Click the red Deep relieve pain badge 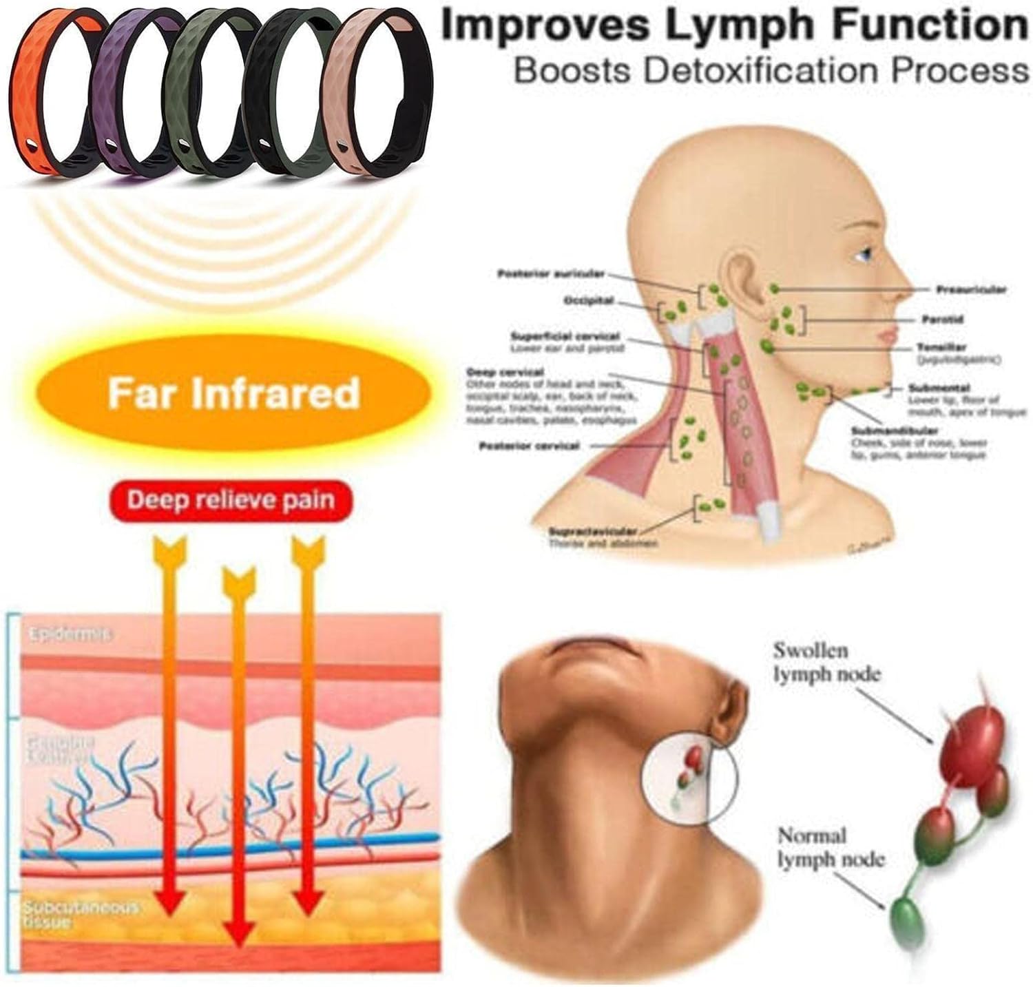(231, 499)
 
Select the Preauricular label (970, 290)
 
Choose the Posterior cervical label (529, 446)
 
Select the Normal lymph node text (831, 848)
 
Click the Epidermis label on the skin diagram (69, 634)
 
